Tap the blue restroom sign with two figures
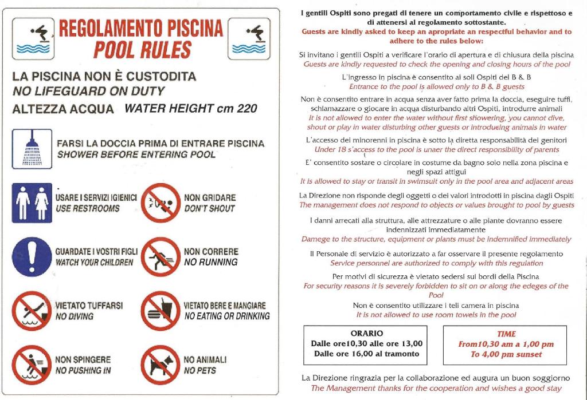pos(32,203)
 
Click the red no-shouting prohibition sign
pos(161,203)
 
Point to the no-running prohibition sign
pos(161,256)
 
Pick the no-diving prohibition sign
pos(32,311)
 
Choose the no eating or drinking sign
pos(161,311)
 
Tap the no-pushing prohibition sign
pos(32,365)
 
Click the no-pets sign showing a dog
pos(161,365)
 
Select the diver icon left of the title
pos(33,38)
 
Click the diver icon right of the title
pos(249,38)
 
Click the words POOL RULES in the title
pos(142,50)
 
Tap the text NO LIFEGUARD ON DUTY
pos(88,91)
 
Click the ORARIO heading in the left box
pos(366,333)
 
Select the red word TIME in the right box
pos(506,334)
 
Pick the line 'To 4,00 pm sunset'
pos(506,354)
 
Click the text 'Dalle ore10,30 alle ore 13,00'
pos(366,343)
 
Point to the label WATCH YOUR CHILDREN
pos(94,262)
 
